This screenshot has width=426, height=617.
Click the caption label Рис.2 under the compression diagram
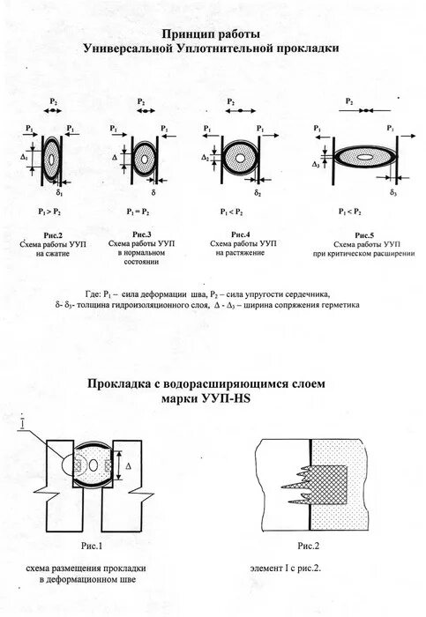52,233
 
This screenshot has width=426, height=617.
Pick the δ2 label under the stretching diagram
258,190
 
